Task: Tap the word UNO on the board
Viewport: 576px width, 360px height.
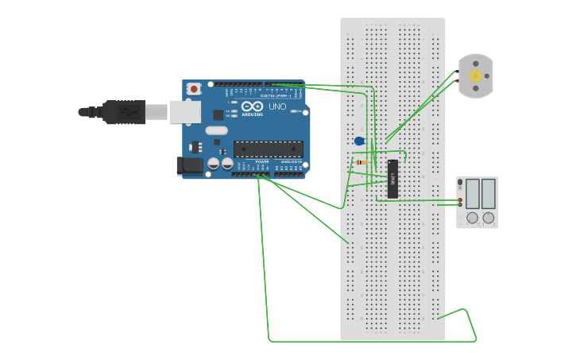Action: [277, 106]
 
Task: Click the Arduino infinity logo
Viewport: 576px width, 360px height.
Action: [252, 106]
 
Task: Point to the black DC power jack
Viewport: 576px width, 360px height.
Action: [189, 165]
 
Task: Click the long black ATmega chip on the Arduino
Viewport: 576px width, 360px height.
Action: [268, 149]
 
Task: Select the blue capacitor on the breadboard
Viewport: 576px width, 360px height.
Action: [359, 141]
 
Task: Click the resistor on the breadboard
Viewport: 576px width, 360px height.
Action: [361, 162]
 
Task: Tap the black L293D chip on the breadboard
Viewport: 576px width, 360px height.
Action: [392, 179]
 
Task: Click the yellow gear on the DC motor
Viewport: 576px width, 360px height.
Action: [476, 76]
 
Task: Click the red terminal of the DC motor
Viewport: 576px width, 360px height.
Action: [457, 80]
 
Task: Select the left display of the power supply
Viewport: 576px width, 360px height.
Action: [472, 193]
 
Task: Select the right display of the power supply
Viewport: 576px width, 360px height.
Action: [488, 193]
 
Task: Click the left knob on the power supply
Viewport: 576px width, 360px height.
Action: [472, 218]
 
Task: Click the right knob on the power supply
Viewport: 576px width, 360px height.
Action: [488, 218]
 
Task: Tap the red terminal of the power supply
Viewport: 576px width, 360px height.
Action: [460, 199]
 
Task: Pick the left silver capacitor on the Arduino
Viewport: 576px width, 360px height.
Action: [214, 163]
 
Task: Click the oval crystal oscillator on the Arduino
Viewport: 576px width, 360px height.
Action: [216, 130]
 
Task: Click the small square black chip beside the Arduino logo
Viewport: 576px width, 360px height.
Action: [218, 114]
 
